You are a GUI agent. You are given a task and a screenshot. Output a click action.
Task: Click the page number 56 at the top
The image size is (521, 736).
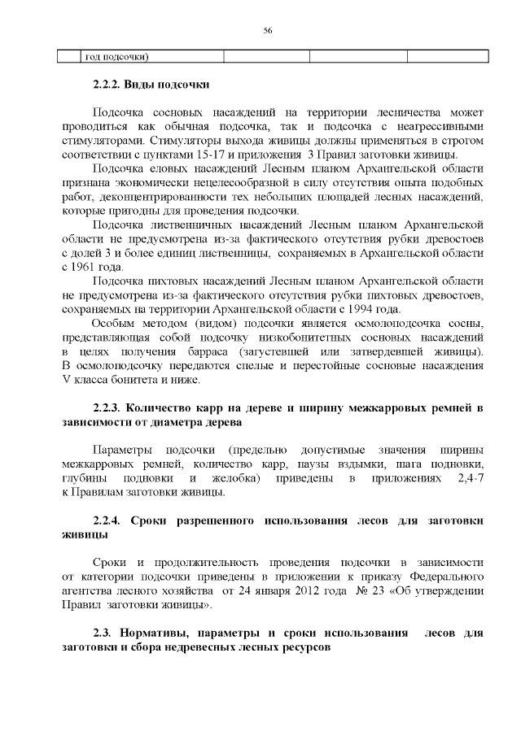[267, 30]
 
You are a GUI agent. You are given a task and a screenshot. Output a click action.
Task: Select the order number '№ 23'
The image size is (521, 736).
[349, 590]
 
